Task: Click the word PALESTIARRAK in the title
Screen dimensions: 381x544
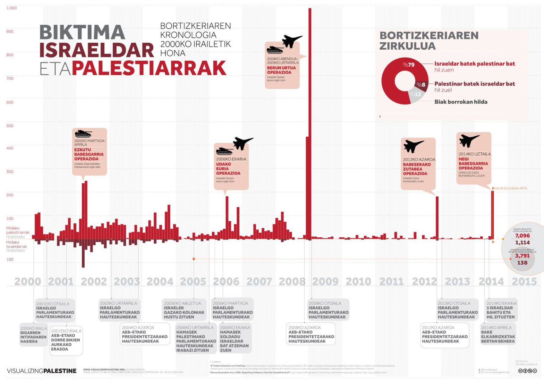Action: pos(149,68)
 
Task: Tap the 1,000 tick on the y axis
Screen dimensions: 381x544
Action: pos(11,8)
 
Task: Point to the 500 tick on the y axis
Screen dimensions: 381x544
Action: pos(10,126)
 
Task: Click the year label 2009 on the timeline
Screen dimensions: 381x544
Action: pos(325,281)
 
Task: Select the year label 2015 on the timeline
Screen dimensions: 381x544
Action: pos(524,281)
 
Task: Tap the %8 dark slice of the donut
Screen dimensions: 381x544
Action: pos(421,85)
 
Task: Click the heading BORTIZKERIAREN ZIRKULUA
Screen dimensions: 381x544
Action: pos(429,41)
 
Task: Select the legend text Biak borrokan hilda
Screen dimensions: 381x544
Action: pos(461,102)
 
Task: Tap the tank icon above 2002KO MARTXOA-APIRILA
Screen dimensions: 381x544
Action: pos(83,133)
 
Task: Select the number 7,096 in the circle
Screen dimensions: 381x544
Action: pos(522,236)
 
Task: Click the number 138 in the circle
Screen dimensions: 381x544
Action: pos(522,263)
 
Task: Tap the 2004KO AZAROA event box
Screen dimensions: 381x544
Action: pos(145,334)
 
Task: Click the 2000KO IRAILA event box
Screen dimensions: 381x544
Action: pos(33,335)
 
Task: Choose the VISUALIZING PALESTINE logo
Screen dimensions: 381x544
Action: pos(42,371)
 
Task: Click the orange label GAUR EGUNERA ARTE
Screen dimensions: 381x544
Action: pos(510,188)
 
